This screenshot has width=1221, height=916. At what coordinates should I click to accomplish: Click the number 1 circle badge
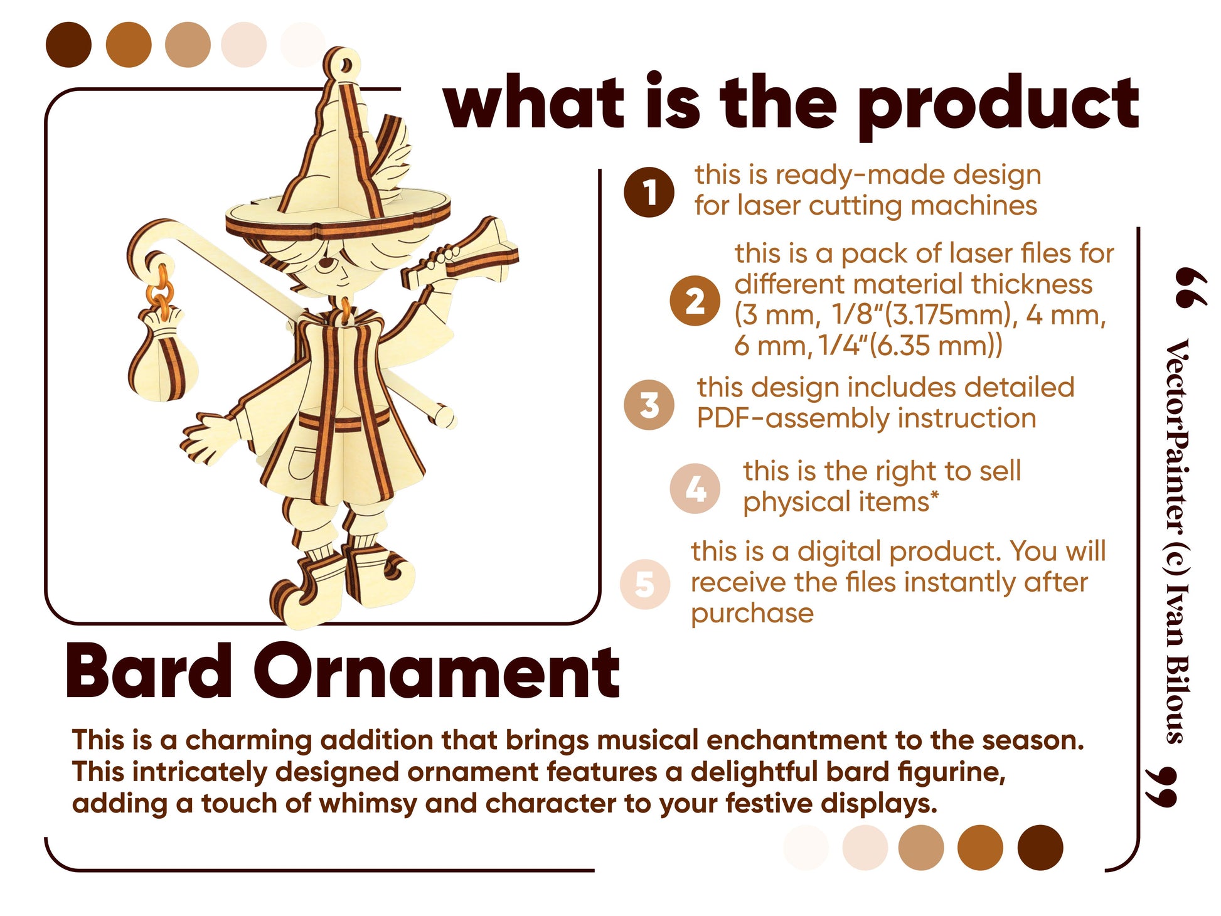(x=649, y=193)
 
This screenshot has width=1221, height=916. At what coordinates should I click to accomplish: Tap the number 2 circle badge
(x=694, y=301)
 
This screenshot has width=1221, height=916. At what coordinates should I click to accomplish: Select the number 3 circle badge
(x=649, y=405)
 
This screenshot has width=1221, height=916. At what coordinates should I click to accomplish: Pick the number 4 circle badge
(x=695, y=489)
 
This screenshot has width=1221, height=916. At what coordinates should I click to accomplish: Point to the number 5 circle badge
(x=645, y=584)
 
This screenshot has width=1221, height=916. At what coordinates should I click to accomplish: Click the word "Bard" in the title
(x=149, y=671)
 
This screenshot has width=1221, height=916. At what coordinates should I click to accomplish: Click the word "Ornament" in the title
(x=437, y=671)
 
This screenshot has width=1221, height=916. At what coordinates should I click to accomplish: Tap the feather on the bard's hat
(x=390, y=157)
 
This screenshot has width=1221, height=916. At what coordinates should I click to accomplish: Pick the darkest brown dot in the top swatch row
(x=68, y=45)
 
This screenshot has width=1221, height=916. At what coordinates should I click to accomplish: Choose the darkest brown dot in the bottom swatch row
(x=1040, y=848)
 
